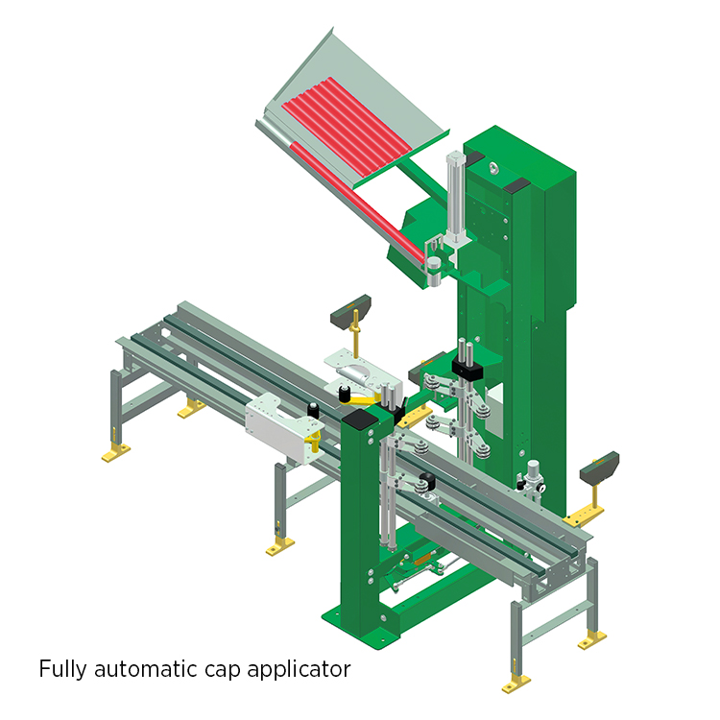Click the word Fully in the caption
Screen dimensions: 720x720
tap(62, 669)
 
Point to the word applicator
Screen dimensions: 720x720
tap(299, 670)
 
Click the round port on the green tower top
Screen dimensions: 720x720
tap(493, 168)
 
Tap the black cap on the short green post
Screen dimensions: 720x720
tap(360, 419)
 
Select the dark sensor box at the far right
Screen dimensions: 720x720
tap(600, 468)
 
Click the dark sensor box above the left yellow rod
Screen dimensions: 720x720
tap(350, 312)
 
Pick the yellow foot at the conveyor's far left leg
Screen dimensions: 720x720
tap(116, 454)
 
